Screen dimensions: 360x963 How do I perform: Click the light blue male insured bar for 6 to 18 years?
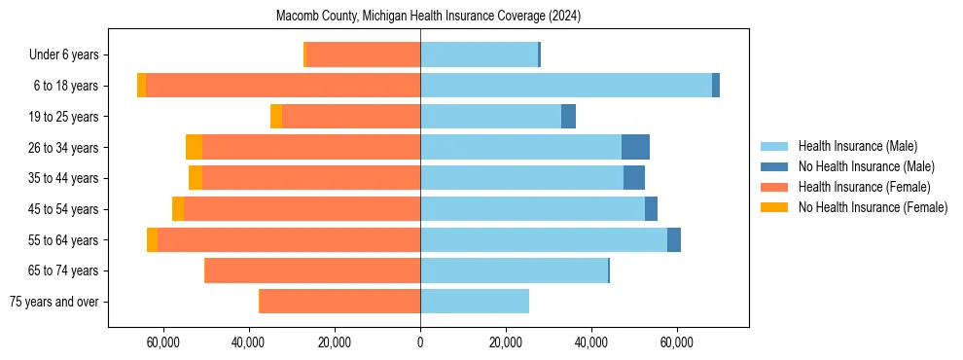pos(565,86)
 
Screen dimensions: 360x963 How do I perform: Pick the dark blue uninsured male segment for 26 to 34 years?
pos(635,147)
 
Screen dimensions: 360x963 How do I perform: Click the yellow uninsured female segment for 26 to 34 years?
pos(194,147)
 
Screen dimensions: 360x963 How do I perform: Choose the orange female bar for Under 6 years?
pos(363,55)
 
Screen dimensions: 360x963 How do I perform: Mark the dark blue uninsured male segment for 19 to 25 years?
pos(568,117)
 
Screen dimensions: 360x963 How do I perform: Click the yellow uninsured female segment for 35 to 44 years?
pos(196,178)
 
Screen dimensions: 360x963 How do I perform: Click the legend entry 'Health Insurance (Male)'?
pos(857,146)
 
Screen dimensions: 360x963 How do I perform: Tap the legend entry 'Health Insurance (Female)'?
pos(863,187)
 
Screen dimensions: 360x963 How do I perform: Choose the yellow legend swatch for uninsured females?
pos(775,207)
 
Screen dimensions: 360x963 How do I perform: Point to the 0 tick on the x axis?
pos(420,343)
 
